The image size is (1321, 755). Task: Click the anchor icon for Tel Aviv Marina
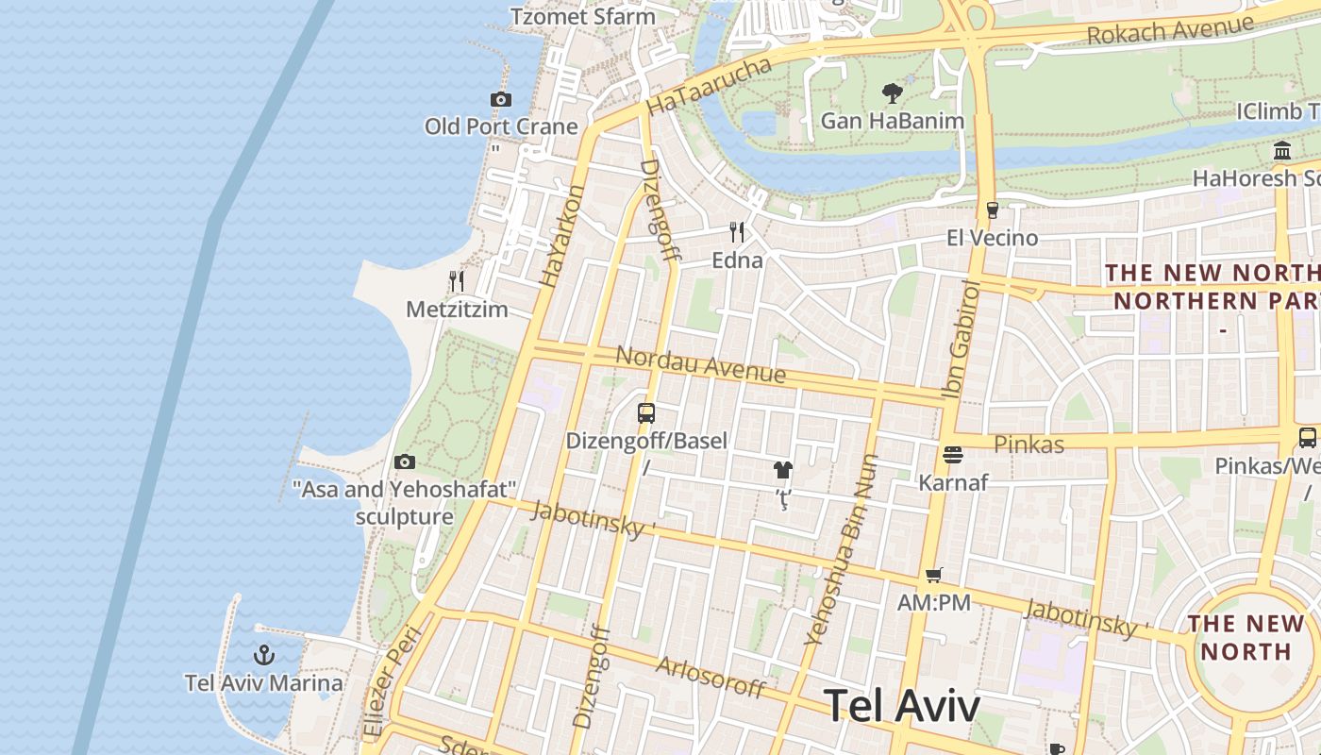pyautogui.click(x=264, y=654)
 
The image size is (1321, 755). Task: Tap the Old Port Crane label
pyautogui.click(x=500, y=126)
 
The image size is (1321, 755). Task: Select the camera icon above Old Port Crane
pyautogui.click(x=500, y=99)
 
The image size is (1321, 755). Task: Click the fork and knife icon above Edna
pyautogui.click(x=737, y=231)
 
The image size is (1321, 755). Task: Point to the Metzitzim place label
pyautogui.click(x=457, y=310)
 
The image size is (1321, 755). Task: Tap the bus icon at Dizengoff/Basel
pyautogui.click(x=646, y=412)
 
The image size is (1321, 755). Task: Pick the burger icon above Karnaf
pyautogui.click(x=953, y=455)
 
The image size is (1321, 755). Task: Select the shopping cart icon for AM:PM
pyautogui.click(x=934, y=575)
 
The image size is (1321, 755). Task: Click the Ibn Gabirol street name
pyautogui.click(x=962, y=339)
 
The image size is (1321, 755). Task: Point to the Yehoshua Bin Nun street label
pyautogui.click(x=842, y=549)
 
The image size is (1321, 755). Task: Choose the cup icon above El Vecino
pyautogui.click(x=992, y=210)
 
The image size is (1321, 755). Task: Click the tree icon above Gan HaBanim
pyautogui.click(x=892, y=92)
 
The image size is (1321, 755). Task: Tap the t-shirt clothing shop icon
pyautogui.click(x=782, y=469)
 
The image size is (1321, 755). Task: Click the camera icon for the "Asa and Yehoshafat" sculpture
pyautogui.click(x=405, y=461)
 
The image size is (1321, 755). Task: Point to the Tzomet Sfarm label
pyautogui.click(x=582, y=16)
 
